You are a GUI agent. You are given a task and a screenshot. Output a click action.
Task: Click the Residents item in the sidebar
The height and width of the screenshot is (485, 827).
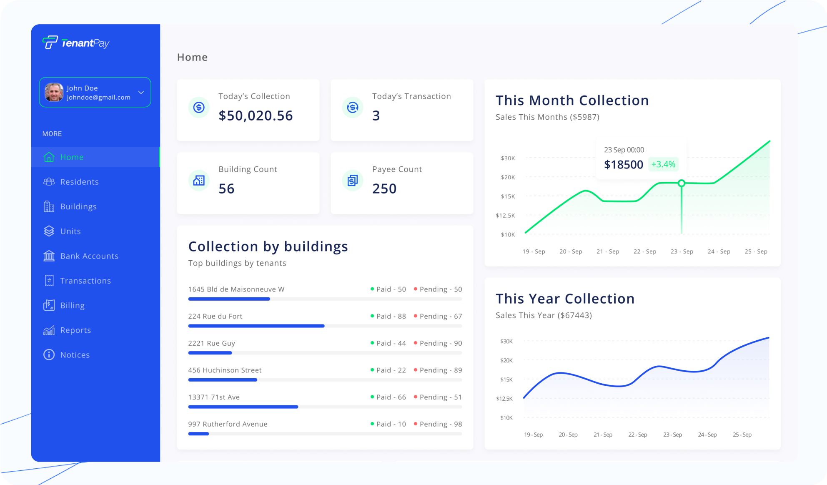(79, 182)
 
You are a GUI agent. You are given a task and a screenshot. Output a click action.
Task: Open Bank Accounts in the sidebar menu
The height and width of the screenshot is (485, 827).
(89, 256)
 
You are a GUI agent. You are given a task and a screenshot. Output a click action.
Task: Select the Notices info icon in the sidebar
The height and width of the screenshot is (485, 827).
(49, 355)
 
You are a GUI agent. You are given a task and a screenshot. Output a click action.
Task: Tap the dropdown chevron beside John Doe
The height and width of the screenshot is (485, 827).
(141, 93)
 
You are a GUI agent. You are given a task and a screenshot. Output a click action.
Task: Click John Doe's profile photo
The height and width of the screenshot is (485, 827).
(54, 92)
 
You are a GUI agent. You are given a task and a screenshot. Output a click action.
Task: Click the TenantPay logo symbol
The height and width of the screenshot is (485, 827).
(50, 43)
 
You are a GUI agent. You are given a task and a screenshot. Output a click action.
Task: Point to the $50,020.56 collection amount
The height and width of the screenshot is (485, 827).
(256, 116)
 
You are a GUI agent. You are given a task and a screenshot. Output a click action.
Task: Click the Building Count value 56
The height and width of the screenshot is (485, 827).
(226, 188)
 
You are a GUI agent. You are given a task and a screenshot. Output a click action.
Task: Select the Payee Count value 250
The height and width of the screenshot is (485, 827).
(384, 188)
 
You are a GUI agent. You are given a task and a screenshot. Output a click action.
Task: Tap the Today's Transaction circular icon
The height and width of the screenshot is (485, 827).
(353, 108)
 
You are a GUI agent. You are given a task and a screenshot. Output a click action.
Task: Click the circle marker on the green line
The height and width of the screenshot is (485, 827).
(682, 183)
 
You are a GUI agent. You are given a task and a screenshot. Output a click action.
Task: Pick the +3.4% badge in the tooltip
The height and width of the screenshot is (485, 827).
(663, 164)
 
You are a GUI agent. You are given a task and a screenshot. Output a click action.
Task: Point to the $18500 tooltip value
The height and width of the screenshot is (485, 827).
(624, 165)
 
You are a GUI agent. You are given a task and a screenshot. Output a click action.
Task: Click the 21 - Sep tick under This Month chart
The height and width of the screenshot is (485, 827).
(608, 251)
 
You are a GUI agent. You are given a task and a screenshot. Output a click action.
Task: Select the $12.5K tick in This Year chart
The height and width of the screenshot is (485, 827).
(504, 399)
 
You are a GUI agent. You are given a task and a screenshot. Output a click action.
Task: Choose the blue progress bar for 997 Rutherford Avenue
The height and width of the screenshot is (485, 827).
(199, 434)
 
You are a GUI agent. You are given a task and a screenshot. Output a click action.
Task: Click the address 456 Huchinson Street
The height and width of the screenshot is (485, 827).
(225, 370)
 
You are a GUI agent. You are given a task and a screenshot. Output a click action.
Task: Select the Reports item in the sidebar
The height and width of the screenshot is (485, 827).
(75, 330)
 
